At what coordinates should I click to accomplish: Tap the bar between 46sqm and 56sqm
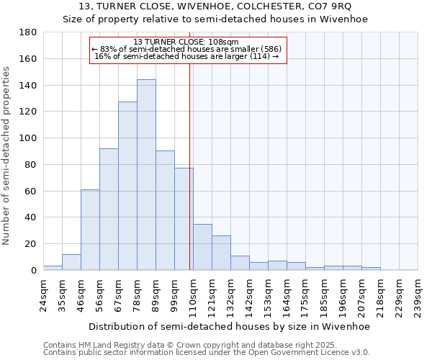pyautogui.click(x=90, y=230)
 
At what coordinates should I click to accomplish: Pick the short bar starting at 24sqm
pyautogui.click(x=53, y=268)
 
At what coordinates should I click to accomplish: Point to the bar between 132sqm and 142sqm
pyautogui.click(x=240, y=263)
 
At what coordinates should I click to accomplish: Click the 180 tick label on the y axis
pyautogui.click(x=28, y=32)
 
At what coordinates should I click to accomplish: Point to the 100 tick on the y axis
pyautogui.click(x=28, y=138)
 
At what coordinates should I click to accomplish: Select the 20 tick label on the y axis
pyautogui.click(x=31, y=244)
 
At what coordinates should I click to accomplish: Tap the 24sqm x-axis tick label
pyautogui.click(x=43, y=294)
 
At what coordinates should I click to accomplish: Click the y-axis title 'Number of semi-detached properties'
pyautogui.click(x=7, y=155)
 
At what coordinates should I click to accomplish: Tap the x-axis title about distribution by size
pyautogui.click(x=230, y=326)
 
